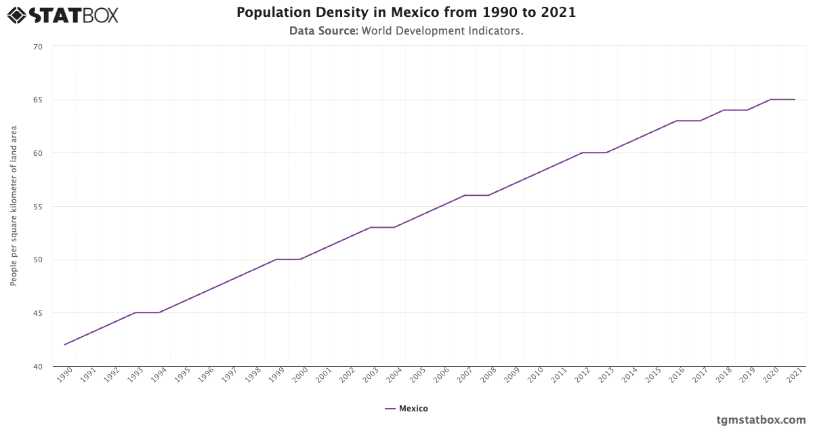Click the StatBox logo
pos(63,15)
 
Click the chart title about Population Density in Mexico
pos(406,12)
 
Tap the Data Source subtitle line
pos(406,31)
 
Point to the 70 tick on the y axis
pos(37,47)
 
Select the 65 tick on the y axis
pos(37,100)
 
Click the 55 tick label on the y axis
pos(37,207)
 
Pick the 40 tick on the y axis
pos(37,367)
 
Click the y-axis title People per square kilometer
pos(14,206)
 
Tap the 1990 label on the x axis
pos(64,375)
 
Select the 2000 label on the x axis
pos(299,375)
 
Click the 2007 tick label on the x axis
pos(464,375)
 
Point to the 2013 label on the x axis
pos(605,375)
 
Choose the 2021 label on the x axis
pos(793,375)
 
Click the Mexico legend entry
pos(406,409)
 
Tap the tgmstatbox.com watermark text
pos(761,420)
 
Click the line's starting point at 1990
pos(65,345)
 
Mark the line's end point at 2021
pos(794,100)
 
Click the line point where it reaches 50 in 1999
pos(276,260)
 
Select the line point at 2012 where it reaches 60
pos(583,152)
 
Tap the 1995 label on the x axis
pos(182,375)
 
